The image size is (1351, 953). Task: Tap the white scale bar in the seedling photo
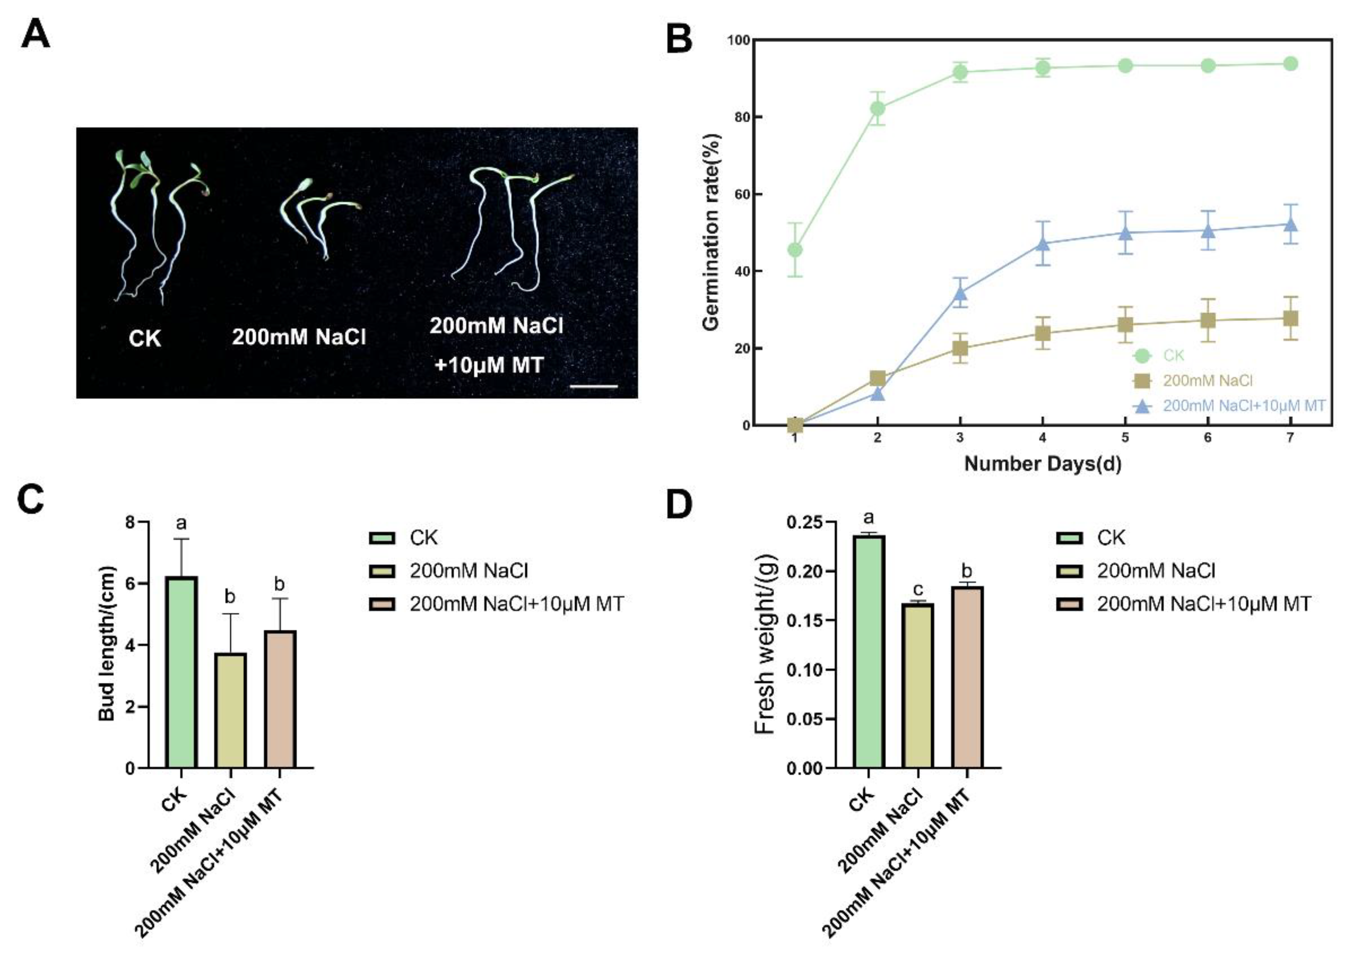[594, 387]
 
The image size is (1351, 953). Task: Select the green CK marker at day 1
[795, 250]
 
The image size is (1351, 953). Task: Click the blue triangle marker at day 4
[1043, 243]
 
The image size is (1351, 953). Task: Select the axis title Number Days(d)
[1043, 464]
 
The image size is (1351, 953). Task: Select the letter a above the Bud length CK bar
[181, 523]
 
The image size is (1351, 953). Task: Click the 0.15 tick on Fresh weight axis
[804, 620]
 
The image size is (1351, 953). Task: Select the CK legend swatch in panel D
[1069, 538]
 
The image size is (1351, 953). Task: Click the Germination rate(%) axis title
[711, 232]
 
